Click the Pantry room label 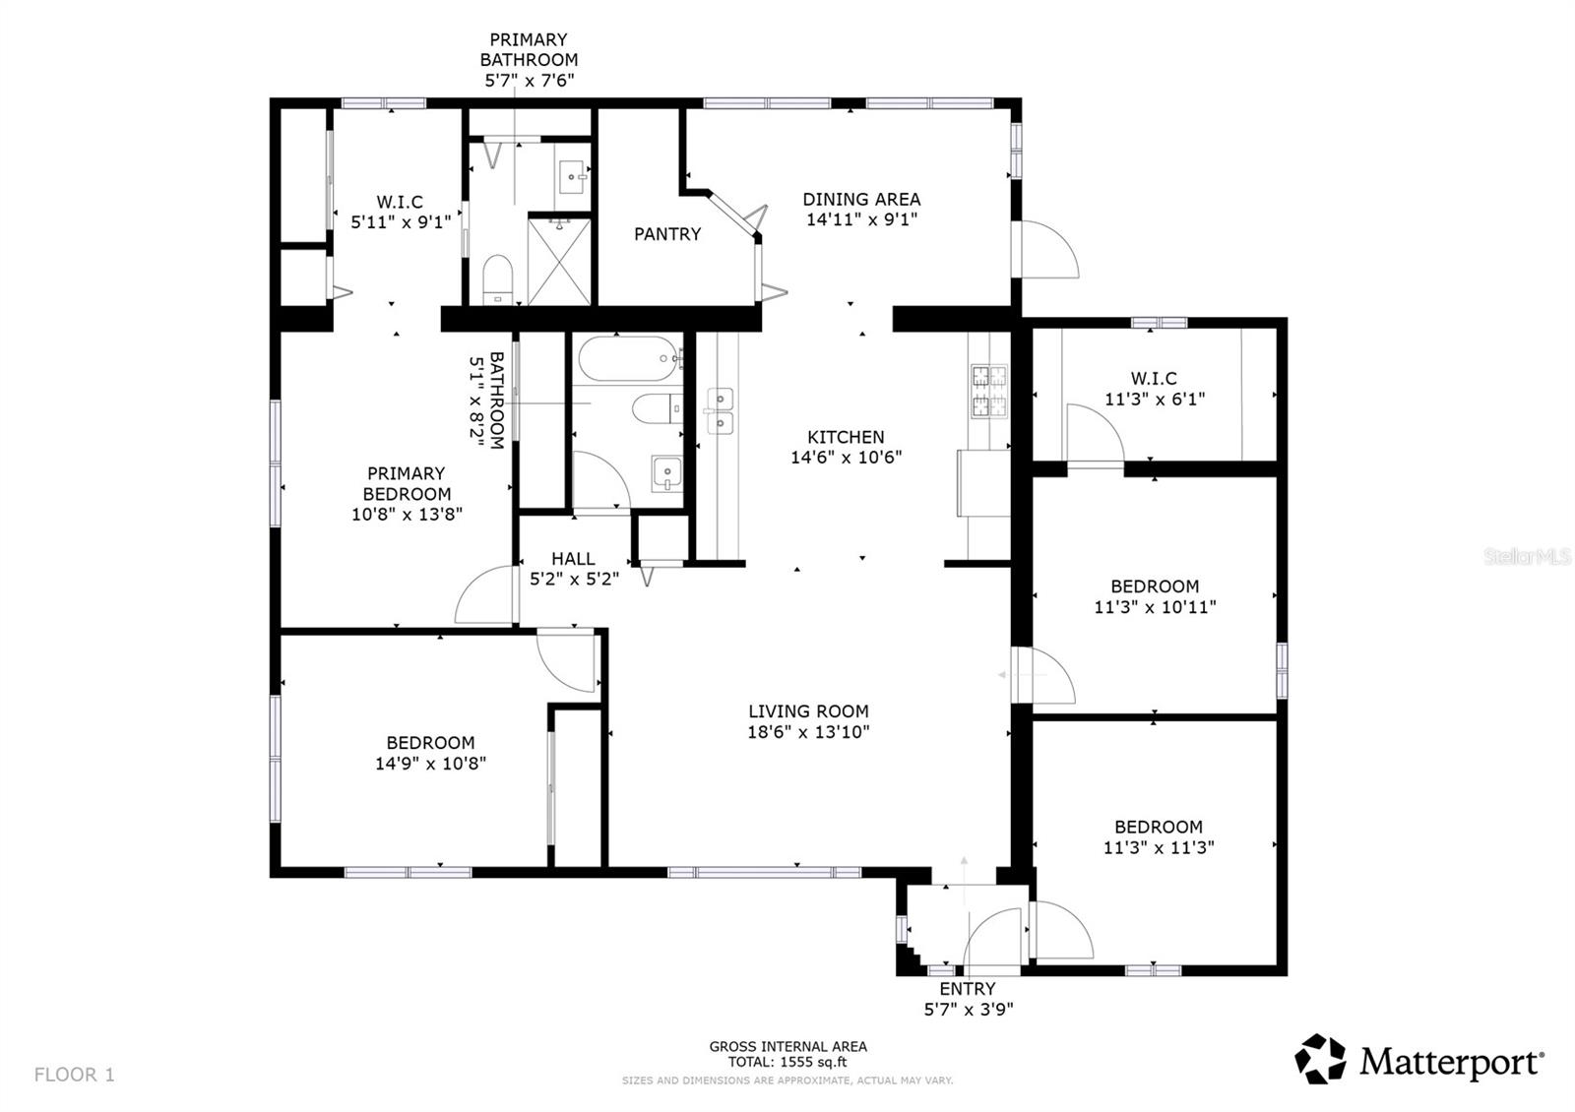[x=666, y=234]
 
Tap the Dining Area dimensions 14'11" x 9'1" [x=861, y=220]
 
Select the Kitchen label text [x=846, y=437]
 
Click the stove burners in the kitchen [x=989, y=390]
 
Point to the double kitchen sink [x=720, y=410]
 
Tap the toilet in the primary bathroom [x=498, y=279]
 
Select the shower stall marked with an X [x=560, y=261]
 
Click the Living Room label [x=808, y=710]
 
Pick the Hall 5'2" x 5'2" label [x=573, y=569]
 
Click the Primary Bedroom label [x=407, y=483]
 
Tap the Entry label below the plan [x=967, y=989]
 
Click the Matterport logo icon [x=1320, y=1060]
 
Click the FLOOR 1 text [x=75, y=1075]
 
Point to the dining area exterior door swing [x=1048, y=251]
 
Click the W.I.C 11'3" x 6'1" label [x=1154, y=389]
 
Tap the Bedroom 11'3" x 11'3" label [x=1158, y=837]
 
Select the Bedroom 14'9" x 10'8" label [x=430, y=753]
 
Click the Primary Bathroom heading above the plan [x=529, y=49]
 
